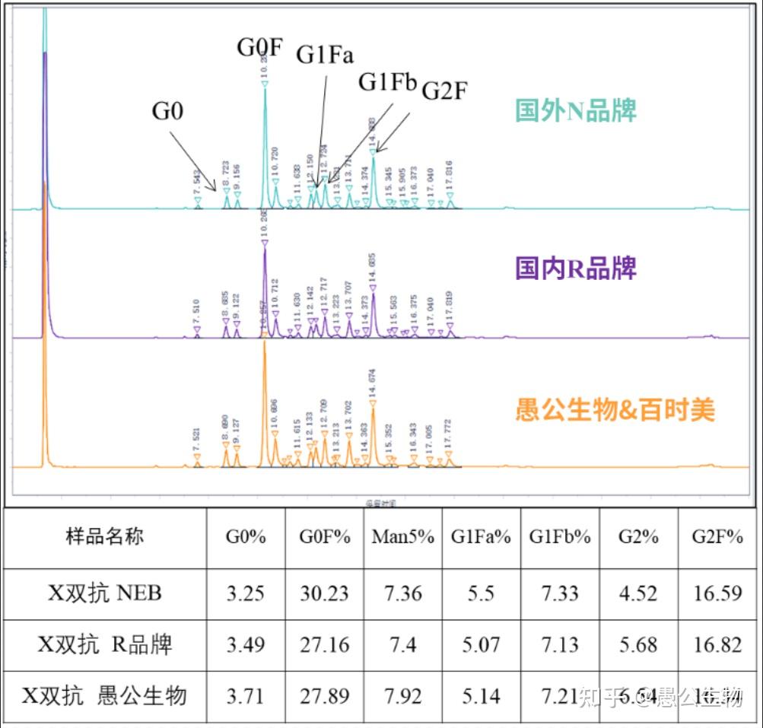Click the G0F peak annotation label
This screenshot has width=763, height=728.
(x=260, y=47)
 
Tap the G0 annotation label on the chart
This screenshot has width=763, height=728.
(x=168, y=111)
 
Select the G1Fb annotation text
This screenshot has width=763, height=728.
(x=388, y=81)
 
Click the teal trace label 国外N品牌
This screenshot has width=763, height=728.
(x=576, y=111)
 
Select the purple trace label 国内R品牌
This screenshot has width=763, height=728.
(x=576, y=268)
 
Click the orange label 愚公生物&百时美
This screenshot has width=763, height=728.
(x=615, y=411)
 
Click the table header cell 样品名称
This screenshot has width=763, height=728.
(x=104, y=536)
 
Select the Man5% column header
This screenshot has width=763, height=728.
(x=402, y=536)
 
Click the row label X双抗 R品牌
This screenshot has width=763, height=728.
(x=105, y=645)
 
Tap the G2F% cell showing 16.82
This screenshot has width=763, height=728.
(x=717, y=645)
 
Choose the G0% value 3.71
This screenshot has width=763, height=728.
(x=246, y=695)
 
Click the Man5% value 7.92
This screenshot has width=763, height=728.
(x=402, y=695)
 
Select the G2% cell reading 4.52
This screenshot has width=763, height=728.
(x=637, y=593)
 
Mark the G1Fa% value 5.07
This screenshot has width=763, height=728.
(x=481, y=645)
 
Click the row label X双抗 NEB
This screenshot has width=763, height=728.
(x=105, y=593)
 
